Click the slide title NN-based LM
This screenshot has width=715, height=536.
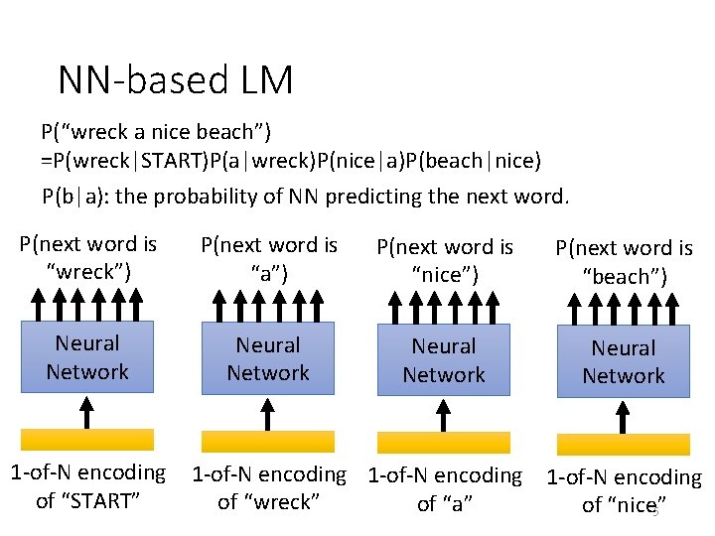pos(176,80)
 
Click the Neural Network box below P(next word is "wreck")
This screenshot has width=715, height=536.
pos(87,357)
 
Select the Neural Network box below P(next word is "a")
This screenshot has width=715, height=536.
pos(268,359)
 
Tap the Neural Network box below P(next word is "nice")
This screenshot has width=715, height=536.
pos(444,360)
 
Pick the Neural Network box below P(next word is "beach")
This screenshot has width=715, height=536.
pos(624,361)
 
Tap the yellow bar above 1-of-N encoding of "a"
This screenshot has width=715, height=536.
pos(444,443)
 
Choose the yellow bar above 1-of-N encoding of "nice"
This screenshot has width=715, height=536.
pos(624,445)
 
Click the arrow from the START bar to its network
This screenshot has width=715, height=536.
pos(87,410)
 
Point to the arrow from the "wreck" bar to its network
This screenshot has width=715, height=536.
pos(268,412)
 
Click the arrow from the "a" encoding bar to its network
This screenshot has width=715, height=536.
pos(444,414)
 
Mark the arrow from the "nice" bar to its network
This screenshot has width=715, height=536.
pos(624,416)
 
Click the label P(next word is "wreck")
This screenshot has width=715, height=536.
pos(88,257)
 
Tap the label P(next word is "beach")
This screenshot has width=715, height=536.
pos(624,262)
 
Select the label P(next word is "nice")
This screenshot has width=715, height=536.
pos(444,260)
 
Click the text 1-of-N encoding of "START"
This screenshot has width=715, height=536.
pos(87,486)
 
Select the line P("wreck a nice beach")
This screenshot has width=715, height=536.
pos(156,131)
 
